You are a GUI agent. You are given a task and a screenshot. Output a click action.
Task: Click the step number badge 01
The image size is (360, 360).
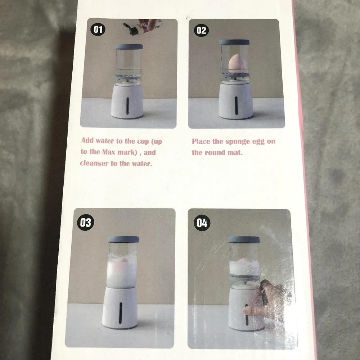click(98, 30)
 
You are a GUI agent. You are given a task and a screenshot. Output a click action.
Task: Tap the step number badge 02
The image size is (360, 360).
click(201, 30)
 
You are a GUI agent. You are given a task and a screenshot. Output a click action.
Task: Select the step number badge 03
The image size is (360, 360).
click(86, 222)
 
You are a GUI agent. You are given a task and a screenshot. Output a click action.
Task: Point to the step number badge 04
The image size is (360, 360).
click(202, 223)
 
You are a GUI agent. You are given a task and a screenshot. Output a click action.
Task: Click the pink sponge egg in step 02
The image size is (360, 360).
click(236, 64)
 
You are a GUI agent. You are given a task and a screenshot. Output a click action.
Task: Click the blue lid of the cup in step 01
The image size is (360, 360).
click(129, 46)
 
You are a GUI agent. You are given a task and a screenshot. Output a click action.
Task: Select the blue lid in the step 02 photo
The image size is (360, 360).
click(234, 42)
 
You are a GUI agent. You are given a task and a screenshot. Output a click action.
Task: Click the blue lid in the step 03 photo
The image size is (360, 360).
click(123, 239)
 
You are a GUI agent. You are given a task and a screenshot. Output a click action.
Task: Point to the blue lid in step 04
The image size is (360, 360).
click(244, 239)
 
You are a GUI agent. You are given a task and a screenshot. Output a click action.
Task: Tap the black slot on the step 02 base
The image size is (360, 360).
click(236, 105)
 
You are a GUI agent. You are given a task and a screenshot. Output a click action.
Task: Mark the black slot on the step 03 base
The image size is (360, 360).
click(121, 313)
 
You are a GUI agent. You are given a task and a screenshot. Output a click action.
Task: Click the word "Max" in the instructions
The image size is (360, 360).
click(109, 152)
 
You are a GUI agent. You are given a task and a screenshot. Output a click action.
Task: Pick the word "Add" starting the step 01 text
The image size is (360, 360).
click(87, 140)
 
